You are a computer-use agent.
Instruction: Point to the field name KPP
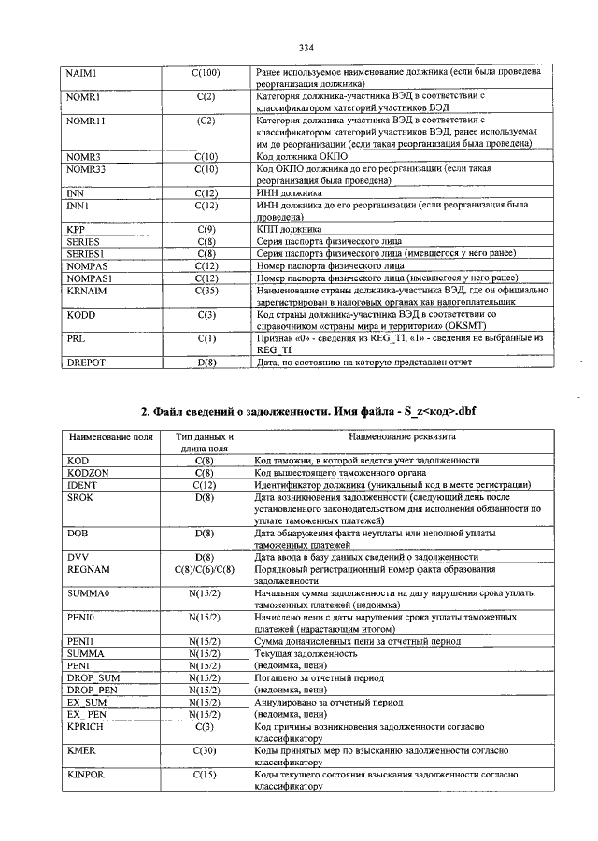(76, 229)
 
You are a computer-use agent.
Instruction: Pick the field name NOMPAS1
(90, 278)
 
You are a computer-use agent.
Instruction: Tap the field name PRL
(76, 338)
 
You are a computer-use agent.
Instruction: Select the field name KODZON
(88, 473)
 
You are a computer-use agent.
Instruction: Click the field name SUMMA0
(88, 593)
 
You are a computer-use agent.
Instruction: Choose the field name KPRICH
(87, 726)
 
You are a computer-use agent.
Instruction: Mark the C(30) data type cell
(205, 750)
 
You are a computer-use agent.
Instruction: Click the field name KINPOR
(86, 775)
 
